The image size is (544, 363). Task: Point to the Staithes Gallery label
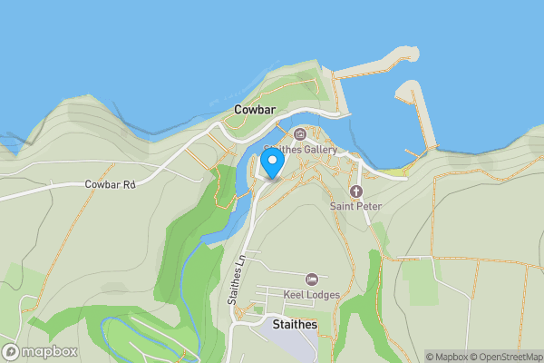pos(300,150)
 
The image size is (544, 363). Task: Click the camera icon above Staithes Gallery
pos(300,135)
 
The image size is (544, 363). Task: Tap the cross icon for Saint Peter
pos(355,191)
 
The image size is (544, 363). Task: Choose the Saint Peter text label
pos(355,207)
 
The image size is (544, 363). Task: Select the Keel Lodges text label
pos(312,294)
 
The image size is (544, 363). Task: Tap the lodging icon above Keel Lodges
pos(312,279)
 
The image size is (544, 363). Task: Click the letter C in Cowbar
pos(238,109)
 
